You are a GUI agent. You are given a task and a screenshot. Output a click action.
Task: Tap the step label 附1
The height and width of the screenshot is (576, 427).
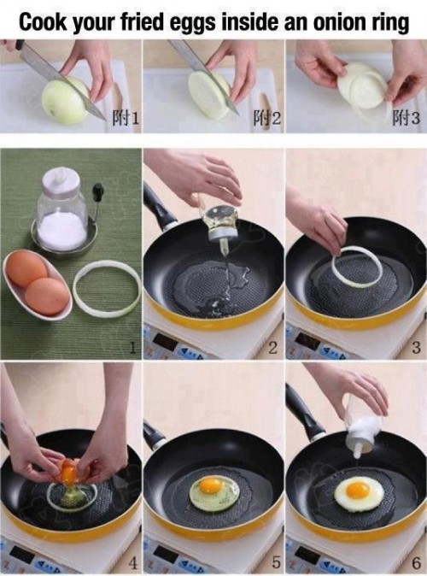[x=125, y=119]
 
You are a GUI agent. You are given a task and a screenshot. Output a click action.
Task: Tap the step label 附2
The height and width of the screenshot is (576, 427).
[x=266, y=119]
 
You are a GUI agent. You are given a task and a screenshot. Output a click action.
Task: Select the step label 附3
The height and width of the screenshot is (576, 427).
[x=407, y=119]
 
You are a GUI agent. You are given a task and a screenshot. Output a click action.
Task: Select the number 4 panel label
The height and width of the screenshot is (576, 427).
[x=133, y=563]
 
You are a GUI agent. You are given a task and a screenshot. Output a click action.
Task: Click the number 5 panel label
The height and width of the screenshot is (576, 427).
[x=274, y=563]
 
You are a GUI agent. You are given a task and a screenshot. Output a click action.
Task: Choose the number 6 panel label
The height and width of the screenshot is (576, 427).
[x=415, y=563]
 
